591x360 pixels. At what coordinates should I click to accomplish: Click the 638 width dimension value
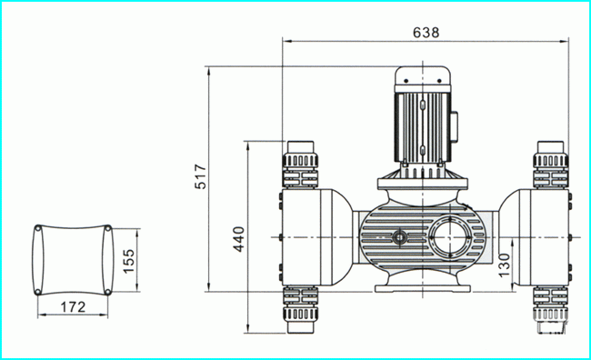click(x=426, y=33)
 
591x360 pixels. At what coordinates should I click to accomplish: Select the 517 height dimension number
click(x=200, y=176)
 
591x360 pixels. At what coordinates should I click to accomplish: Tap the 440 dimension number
click(x=238, y=239)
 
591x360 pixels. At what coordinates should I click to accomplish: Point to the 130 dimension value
click(x=504, y=265)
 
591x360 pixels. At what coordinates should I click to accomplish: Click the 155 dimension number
click(x=128, y=261)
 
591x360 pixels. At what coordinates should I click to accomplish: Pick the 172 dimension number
click(x=73, y=307)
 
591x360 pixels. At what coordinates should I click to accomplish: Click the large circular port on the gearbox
click(x=449, y=237)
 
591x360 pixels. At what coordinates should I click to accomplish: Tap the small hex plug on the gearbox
click(x=399, y=237)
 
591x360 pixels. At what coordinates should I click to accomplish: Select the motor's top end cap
click(x=423, y=76)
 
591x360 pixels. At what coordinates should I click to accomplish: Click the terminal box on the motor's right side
click(x=455, y=127)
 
